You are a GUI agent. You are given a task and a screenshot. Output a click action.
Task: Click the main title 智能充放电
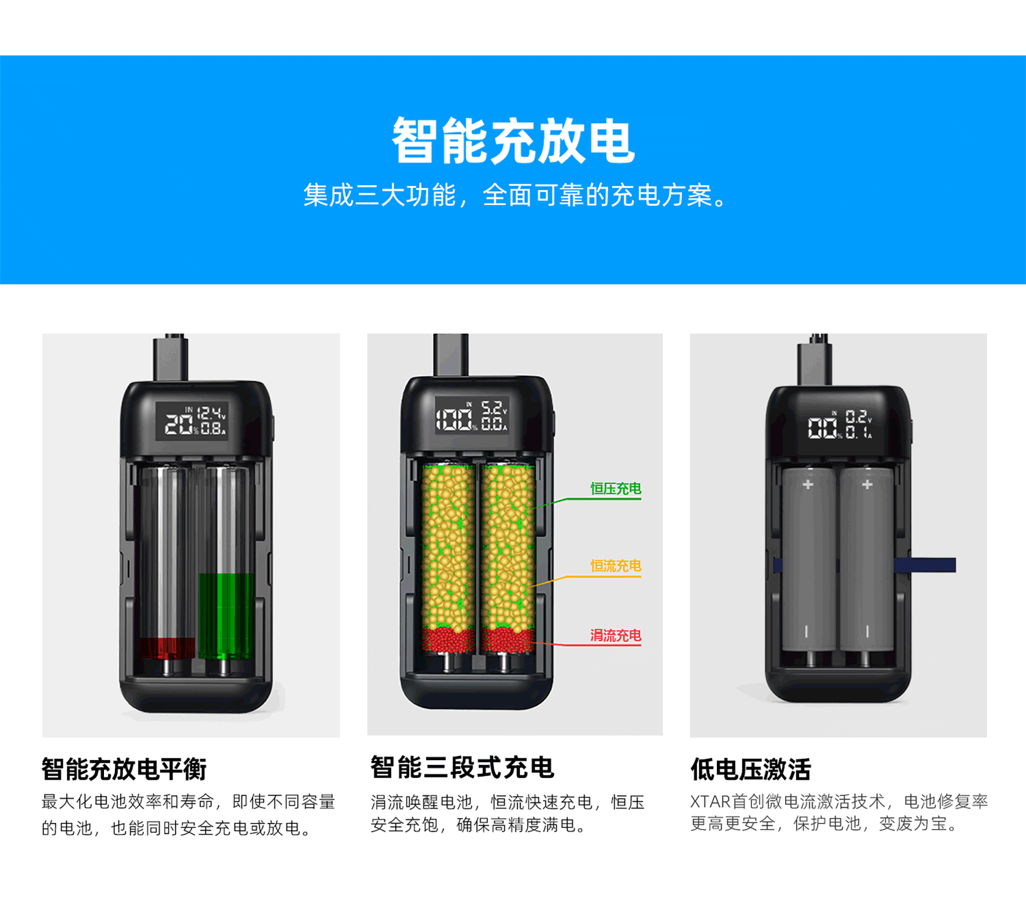[513, 141]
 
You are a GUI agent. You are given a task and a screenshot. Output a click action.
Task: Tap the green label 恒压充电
[616, 488]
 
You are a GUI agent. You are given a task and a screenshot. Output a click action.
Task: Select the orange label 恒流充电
[616, 565]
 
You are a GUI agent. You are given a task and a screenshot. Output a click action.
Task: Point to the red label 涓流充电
[616, 635]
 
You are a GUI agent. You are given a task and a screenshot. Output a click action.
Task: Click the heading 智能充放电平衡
[124, 769]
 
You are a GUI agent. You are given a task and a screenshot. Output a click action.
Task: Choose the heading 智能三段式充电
[462, 767]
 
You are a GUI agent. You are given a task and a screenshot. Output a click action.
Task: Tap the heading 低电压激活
[751, 769]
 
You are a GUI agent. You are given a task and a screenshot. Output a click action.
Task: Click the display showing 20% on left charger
[192, 421]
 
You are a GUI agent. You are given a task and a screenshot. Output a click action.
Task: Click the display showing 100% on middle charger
[472, 415]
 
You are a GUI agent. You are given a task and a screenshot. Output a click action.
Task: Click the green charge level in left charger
[226, 616]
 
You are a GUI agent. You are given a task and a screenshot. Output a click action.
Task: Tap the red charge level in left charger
[168, 648]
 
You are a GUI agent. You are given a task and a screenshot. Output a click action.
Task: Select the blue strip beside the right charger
[925, 565]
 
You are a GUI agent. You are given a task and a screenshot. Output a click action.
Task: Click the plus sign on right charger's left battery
[808, 484]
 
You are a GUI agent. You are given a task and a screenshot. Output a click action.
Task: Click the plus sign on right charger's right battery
[867, 484]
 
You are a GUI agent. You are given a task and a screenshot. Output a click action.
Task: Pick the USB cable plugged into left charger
[171, 358]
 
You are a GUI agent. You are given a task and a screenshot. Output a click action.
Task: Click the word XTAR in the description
[711, 802]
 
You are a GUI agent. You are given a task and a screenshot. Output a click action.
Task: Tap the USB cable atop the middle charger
[451, 354]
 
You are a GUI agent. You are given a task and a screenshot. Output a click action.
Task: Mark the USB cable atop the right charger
[815, 360]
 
